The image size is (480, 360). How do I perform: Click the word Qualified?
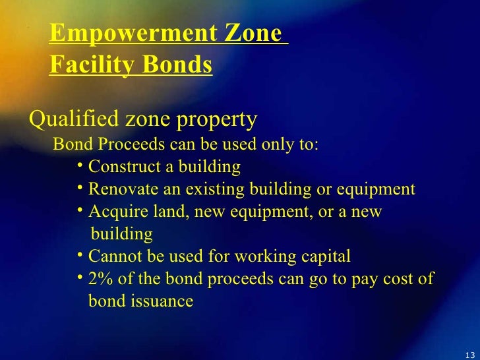[x=65, y=120]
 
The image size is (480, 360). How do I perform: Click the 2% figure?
[x=100, y=279]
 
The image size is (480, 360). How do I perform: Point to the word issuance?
[x=163, y=301]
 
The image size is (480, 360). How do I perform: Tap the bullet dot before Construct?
[x=78, y=165]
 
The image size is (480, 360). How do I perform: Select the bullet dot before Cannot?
[x=78, y=255]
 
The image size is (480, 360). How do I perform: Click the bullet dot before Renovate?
[x=78, y=189]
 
